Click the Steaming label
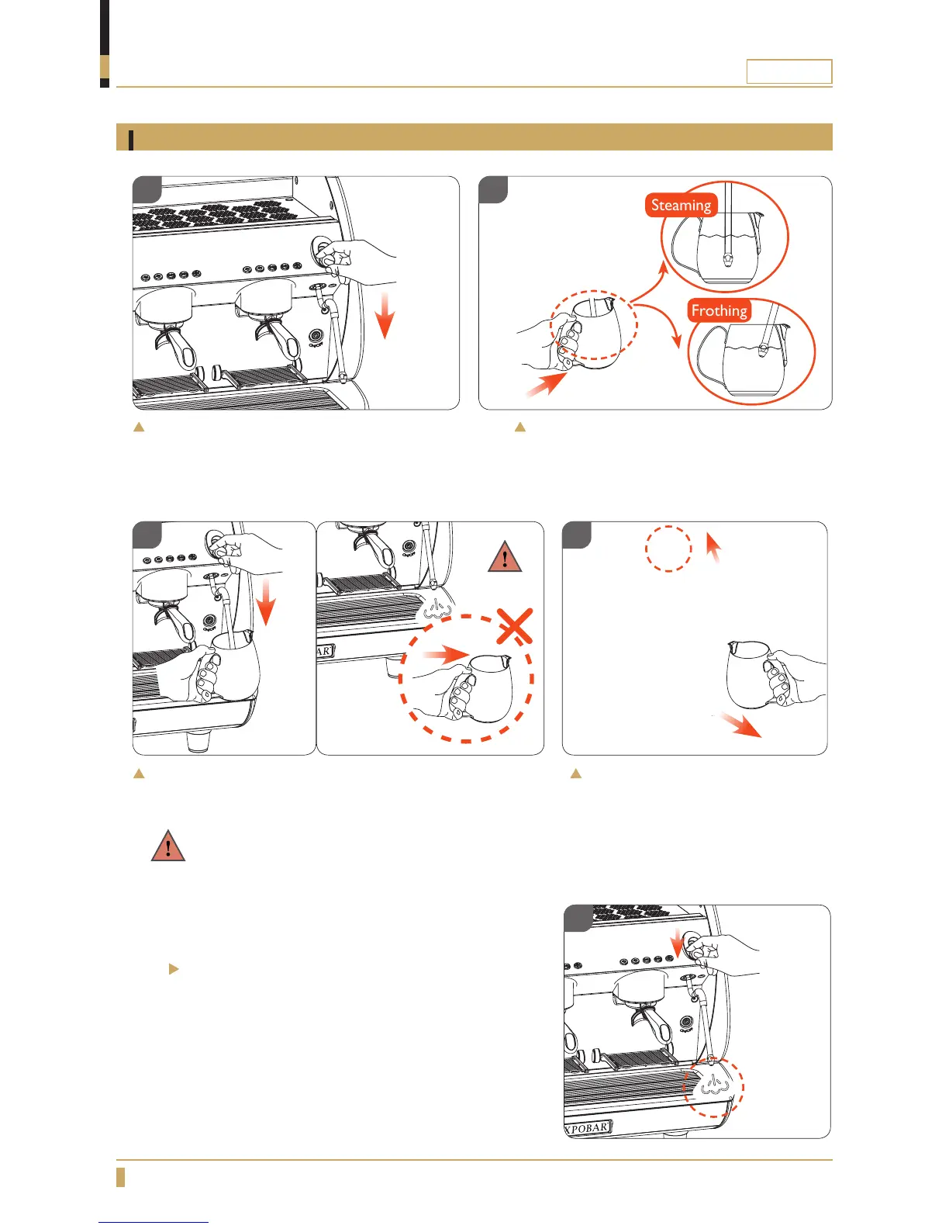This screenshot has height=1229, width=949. [x=681, y=206]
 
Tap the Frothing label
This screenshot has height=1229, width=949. [x=719, y=311]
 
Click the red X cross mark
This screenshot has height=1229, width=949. [x=513, y=625]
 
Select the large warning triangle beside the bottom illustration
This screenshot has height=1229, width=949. [x=168, y=846]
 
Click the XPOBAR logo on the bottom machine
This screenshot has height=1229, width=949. [x=588, y=1127]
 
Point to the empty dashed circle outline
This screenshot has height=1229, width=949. [x=668, y=549]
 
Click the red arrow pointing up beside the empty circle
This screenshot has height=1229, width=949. [x=713, y=546]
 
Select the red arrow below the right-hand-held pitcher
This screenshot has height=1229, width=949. [x=740, y=725]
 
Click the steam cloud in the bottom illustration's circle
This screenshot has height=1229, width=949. [x=715, y=1087]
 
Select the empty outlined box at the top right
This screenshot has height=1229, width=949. [x=789, y=71]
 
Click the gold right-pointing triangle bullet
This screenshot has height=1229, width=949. [x=174, y=969]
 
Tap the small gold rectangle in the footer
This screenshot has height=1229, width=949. [x=121, y=1176]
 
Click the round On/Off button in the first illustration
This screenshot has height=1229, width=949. [x=316, y=336]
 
